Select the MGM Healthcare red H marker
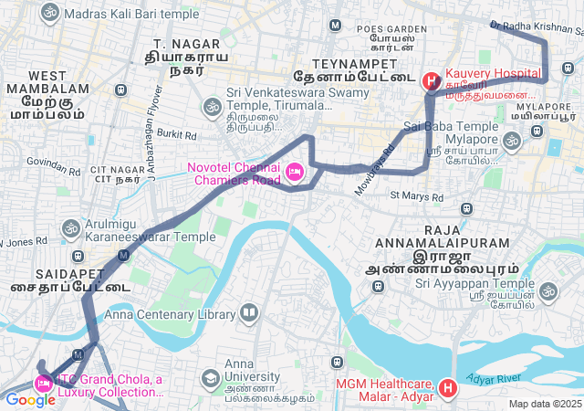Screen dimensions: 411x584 pos(447,390)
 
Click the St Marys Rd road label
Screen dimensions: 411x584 pos(415,196)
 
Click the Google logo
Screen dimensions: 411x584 pos(30,399)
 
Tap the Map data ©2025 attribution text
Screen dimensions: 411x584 pos(545,404)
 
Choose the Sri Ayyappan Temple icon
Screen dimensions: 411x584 pos(547,291)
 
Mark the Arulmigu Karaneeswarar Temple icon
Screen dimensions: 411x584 pos(70,227)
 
